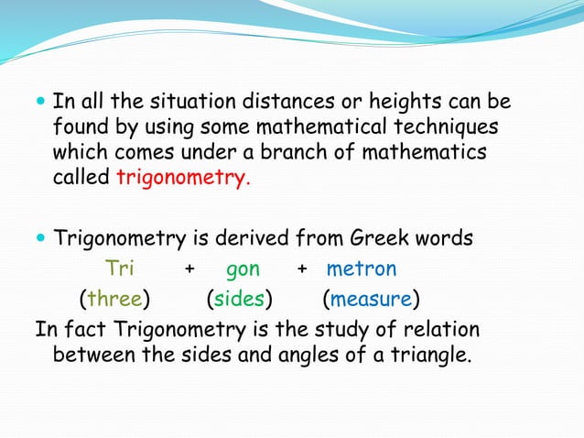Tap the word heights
click(x=402, y=101)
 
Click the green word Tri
click(x=120, y=269)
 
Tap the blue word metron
click(x=362, y=269)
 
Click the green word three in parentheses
click(x=115, y=299)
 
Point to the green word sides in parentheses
click(x=239, y=299)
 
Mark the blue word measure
click(x=371, y=299)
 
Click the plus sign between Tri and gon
click(x=189, y=270)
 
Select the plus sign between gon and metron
click(x=302, y=270)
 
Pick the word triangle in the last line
click(x=433, y=354)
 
